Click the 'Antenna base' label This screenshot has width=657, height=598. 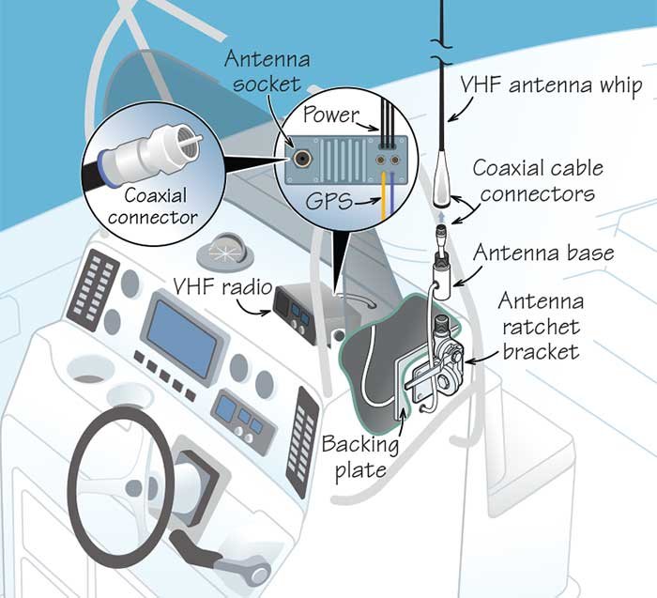coord(543,253)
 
